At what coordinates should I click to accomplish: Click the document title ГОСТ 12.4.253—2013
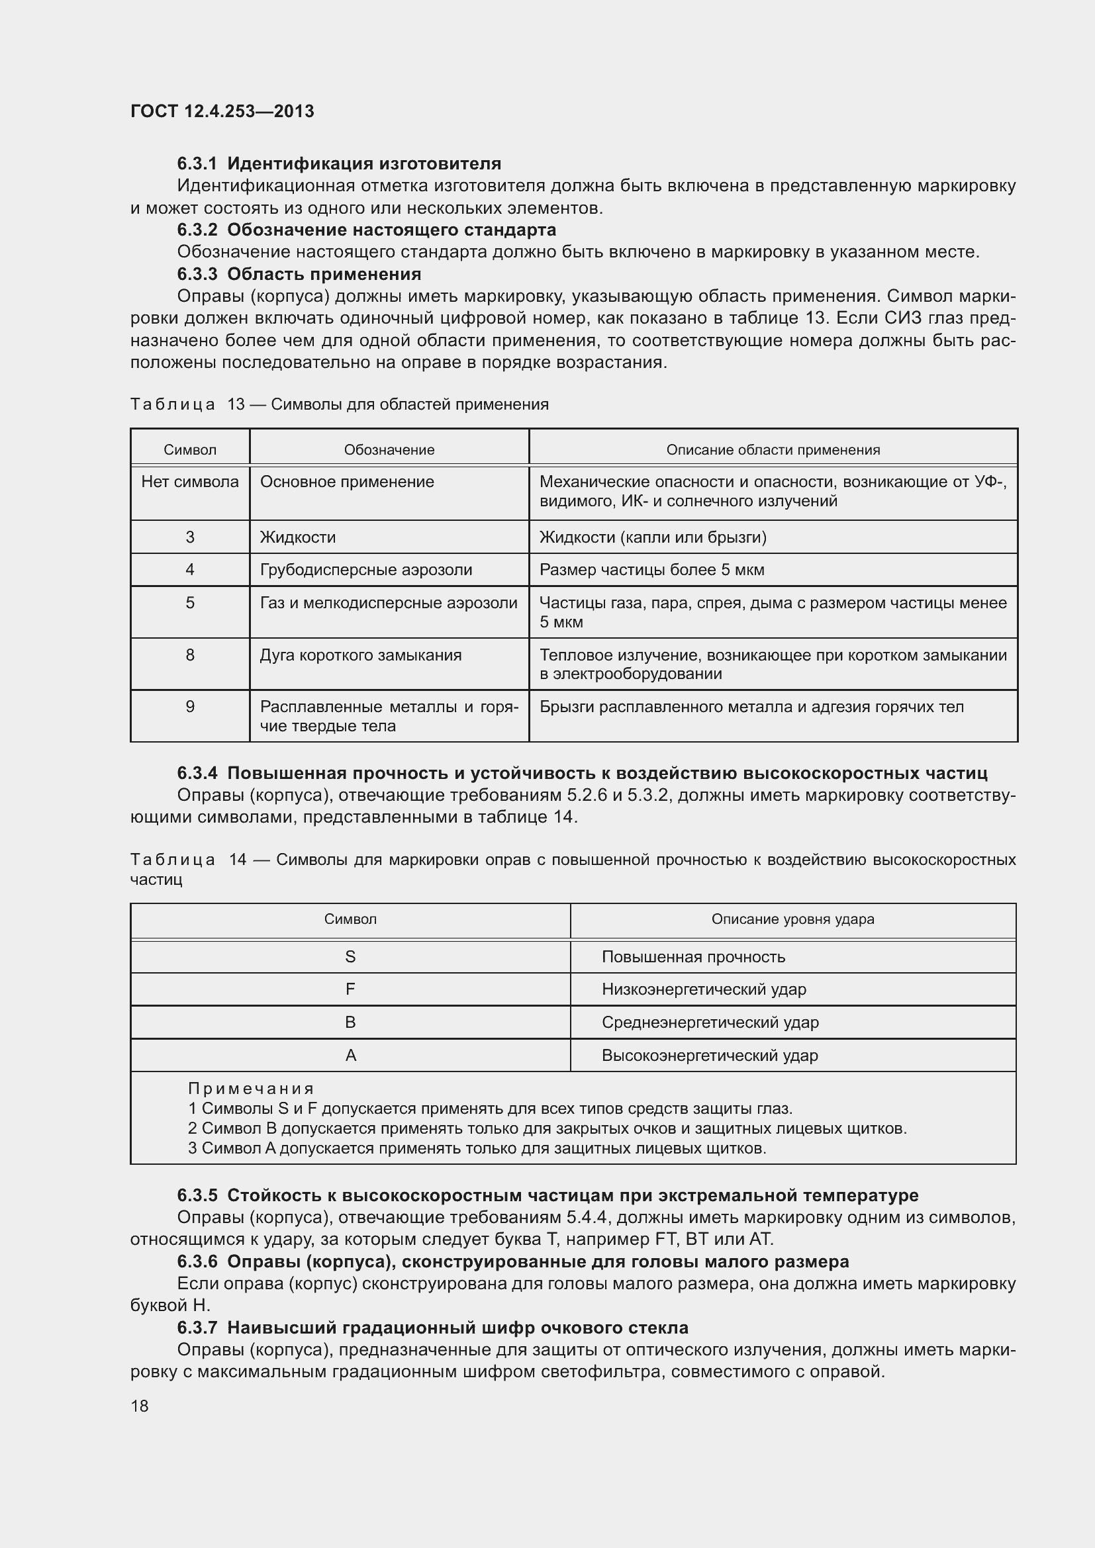click(x=222, y=111)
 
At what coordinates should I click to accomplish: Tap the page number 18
click(x=140, y=1406)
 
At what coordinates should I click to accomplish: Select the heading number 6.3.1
click(x=197, y=164)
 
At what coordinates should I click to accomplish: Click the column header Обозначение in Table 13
click(x=389, y=449)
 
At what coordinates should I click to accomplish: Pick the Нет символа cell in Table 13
click(x=190, y=482)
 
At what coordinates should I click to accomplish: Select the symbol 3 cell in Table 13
click(x=190, y=537)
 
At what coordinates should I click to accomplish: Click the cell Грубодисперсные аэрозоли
click(x=366, y=570)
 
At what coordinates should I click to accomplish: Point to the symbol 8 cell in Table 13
click(x=190, y=655)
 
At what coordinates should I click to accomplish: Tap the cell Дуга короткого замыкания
click(x=361, y=655)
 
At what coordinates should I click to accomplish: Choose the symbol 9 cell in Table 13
click(x=190, y=707)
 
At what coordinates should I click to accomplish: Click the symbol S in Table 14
click(x=350, y=957)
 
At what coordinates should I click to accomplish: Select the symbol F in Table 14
click(x=350, y=989)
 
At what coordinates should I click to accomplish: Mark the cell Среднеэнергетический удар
click(x=710, y=1022)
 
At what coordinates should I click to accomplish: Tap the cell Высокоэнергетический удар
click(x=709, y=1055)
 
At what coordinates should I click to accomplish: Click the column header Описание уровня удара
click(x=792, y=919)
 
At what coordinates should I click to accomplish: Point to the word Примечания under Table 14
click(x=251, y=1088)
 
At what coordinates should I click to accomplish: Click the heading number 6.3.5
click(x=197, y=1195)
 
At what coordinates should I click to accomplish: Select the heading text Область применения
click(x=324, y=275)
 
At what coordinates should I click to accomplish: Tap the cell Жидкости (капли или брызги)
click(x=653, y=537)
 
